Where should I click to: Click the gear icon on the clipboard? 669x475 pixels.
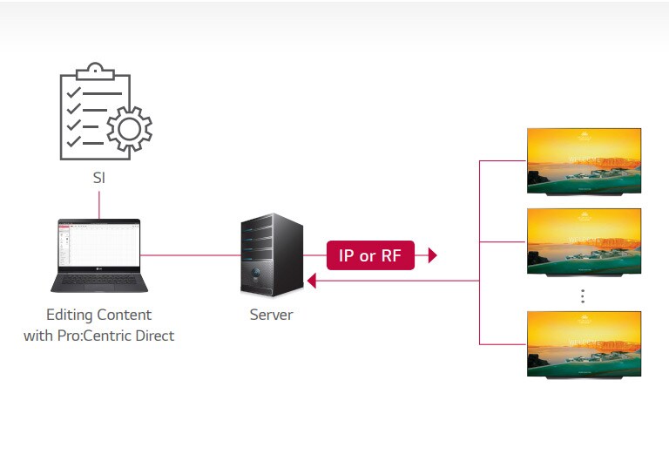128,128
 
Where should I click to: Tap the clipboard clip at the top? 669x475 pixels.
95,71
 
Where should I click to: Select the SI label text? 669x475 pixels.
99,178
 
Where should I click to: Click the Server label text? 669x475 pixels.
271,315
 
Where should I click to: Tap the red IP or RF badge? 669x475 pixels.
370,255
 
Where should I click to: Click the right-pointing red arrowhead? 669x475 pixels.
431,255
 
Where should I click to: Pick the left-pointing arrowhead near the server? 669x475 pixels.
310,281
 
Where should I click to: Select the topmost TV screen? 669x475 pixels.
584,160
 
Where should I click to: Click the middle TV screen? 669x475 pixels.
584,241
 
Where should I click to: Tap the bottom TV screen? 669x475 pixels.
584,343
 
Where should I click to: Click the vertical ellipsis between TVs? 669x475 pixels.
583,296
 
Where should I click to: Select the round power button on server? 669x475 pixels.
255,275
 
